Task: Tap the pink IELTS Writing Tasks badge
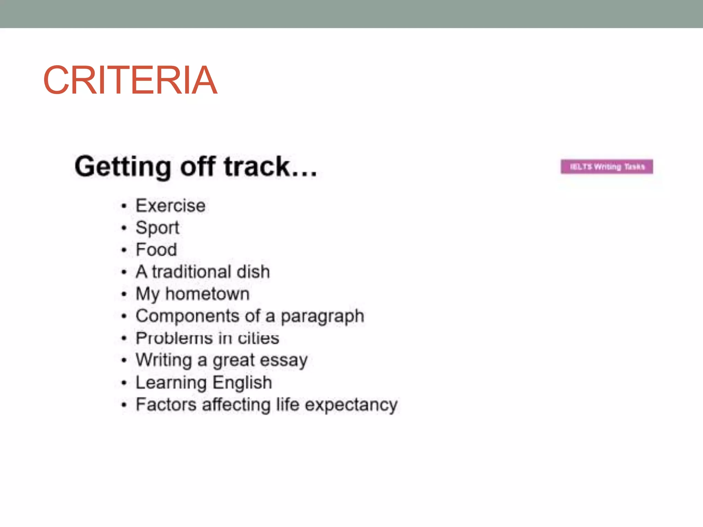pyautogui.click(x=607, y=167)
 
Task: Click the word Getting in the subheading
pyautogui.click(x=123, y=167)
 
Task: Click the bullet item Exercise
pyautogui.click(x=171, y=206)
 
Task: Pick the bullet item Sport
pyautogui.click(x=157, y=228)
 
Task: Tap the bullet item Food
pyautogui.click(x=156, y=249)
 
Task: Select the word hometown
pyautogui.click(x=207, y=294)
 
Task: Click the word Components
pyautogui.click(x=187, y=316)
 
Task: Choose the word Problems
pyautogui.click(x=174, y=338)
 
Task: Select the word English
pyautogui.click(x=242, y=383)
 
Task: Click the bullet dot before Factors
pyautogui.click(x=124, y=405)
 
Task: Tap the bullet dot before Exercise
pyautogui.click(x=124, y=206)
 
